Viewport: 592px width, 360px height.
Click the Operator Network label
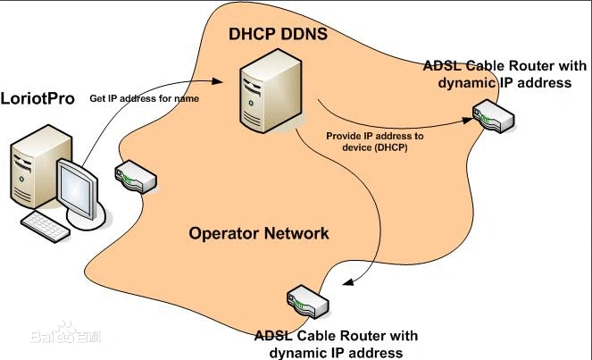[x=259, y=234]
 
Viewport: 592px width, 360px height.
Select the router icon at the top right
[x=493, y=116]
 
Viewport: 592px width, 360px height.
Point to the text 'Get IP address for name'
[x=144, y=98]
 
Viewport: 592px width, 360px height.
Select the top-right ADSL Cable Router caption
[x=504, y=75]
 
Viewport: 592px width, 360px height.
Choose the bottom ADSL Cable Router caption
[x=335, y=344]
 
